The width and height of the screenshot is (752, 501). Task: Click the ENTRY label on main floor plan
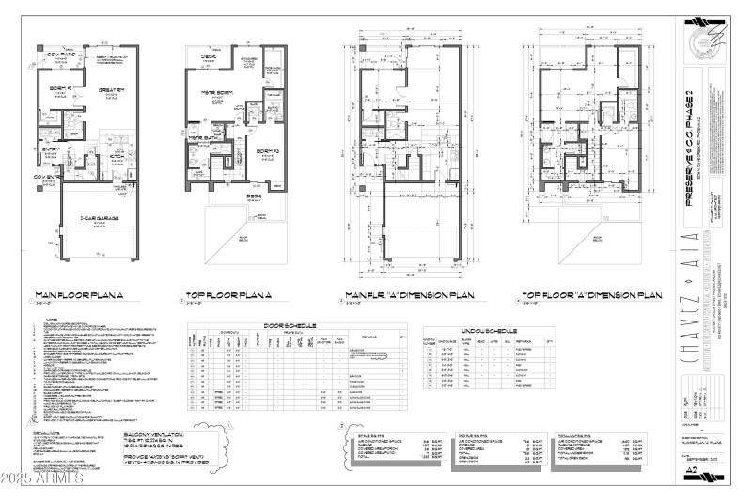click(50, 149)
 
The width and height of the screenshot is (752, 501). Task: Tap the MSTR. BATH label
click(201, 138)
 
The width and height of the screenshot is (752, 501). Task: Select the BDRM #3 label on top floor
click(266, 150)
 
